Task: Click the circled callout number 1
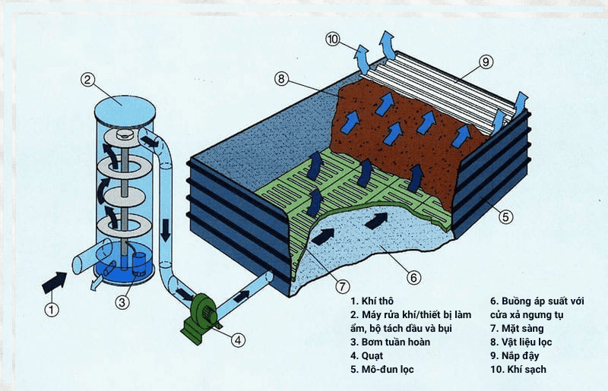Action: (x=51, y=309)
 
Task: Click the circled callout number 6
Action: (x=414, y=278)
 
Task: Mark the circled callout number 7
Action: (x=344, y=286)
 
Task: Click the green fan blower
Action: (x=199, y=312)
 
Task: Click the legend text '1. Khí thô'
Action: (x=374, y=300)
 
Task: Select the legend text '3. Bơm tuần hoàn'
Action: (x=390, y=342)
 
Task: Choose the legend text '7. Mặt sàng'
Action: (x=516, y=328)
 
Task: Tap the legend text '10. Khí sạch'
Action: (x=518, y=370)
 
